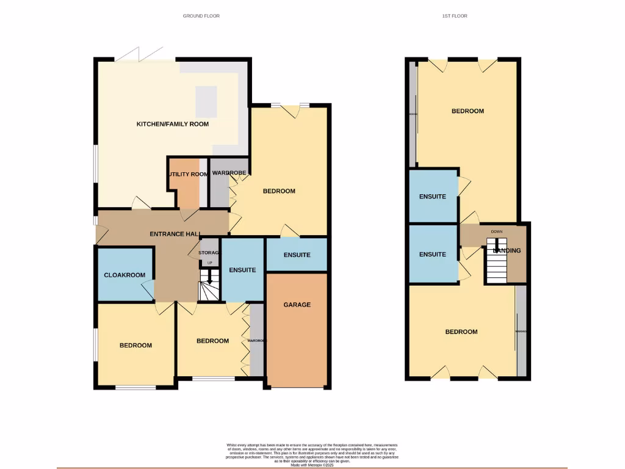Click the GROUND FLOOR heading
pyautogui.click(x=201, y=16)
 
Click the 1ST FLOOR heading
pyautogui.click(x=455, y=16)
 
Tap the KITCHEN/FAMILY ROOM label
pyautogui.click(x=172, y=124)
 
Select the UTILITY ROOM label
pyautogui.click(x=188, y=174)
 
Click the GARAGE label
pyautogui.click(x=297, y=305)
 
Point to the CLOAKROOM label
pyautogui.click(x=125, y=275)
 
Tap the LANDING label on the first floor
pyautogui.click(x=507, y=250)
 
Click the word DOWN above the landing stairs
pyautogui.click(x=497, y=232)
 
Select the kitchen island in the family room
pyautogui.click(x=206, y=101)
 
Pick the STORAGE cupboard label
pyautogui.click(x=209, y=253)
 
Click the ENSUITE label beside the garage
pyautogui.click(x=297, y=255)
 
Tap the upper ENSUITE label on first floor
pyautogui.click(x=432, y=197)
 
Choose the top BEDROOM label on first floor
pyautogui.click(x=468, y=111)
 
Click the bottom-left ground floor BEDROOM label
pyautogui.click(x=135, y=346)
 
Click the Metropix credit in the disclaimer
pyautogui.click(x=312, y=465)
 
